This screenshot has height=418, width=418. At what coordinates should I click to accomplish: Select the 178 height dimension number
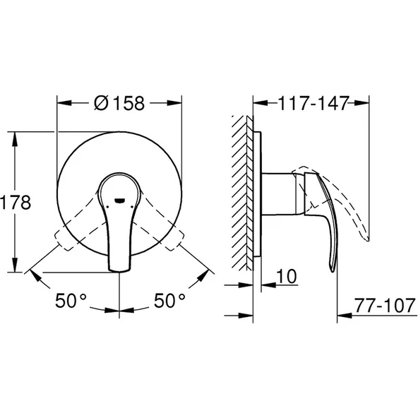16,203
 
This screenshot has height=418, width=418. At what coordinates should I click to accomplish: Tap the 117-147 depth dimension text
312,103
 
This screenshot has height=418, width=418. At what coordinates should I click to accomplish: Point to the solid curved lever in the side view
323,219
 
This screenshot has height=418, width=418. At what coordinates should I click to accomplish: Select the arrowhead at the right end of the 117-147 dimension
365,103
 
